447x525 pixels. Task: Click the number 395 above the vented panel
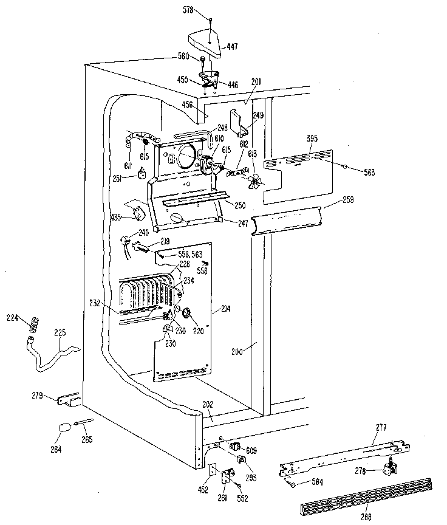(312, 139)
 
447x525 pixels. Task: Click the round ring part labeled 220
(186, 313)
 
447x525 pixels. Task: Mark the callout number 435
(117, 216)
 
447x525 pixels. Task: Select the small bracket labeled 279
(67, 400)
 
